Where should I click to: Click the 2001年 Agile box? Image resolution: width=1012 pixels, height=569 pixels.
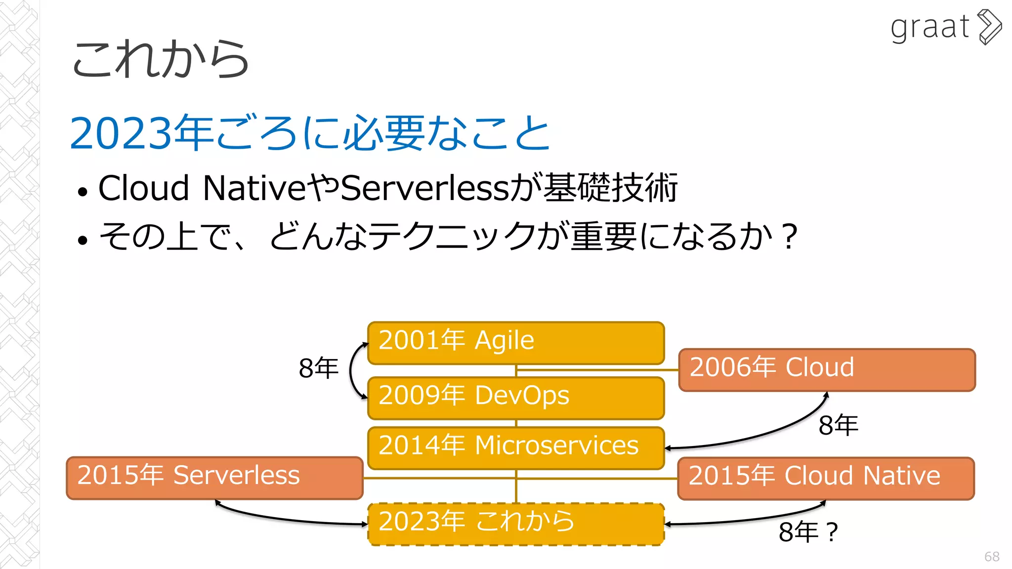click(516, 343)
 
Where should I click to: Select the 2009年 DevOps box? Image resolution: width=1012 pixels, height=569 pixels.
click(516, 398)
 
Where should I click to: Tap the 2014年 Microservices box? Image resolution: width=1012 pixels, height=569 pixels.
click(516, 447)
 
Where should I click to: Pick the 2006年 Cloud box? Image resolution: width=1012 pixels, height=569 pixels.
click(827, 369)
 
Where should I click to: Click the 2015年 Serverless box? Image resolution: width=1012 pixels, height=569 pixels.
click(214, 478)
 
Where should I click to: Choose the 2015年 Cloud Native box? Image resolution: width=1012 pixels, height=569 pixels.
click(826, 478)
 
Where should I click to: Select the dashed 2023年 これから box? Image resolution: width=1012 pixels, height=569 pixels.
click(516, 524)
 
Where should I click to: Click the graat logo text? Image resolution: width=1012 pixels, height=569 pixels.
click(929, 27)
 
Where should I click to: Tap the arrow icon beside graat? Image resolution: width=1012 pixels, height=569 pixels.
click(990, 27)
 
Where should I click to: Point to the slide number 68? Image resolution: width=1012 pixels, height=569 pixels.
click(991, 557)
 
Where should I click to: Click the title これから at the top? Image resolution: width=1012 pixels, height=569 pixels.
click(161, 59)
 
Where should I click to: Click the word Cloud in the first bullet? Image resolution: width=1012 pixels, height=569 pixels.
click(144, 188)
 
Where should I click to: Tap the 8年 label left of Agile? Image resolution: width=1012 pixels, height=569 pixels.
click(318, 368)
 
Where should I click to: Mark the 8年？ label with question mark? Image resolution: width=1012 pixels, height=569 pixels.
click(808, 532)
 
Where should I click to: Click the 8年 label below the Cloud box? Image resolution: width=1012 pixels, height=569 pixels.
click(838, 425)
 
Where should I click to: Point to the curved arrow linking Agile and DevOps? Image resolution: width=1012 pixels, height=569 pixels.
click(351, 370)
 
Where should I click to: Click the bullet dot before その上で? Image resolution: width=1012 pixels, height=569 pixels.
click(83, 240)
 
